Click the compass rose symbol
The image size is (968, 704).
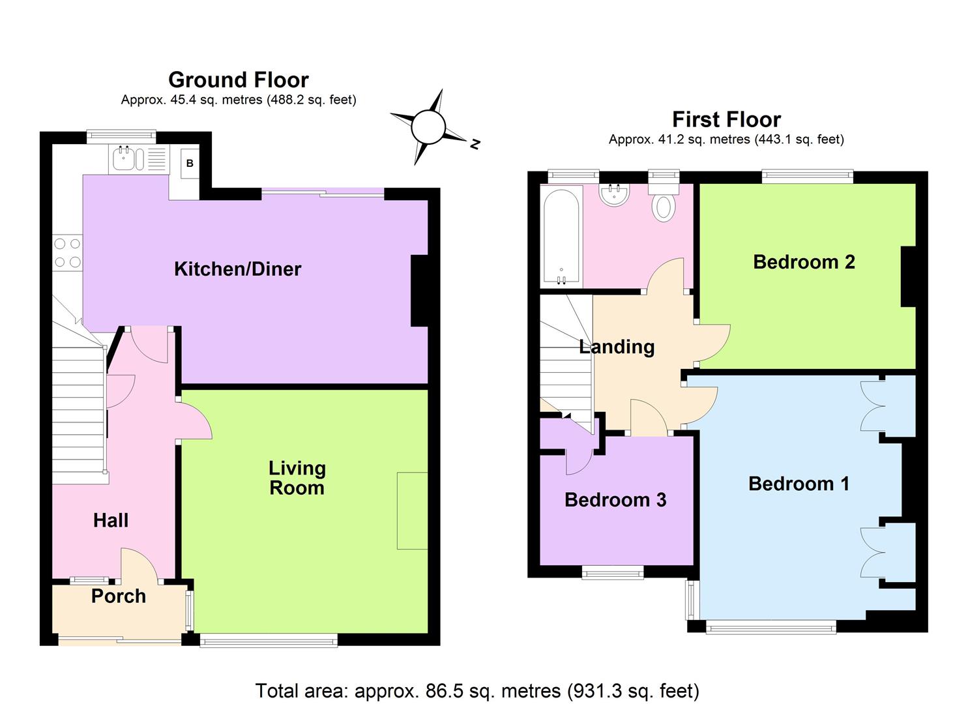click(x=428, y=127)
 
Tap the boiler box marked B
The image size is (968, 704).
click(x=190, y=163)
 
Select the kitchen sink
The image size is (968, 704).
click(x=128, y=158)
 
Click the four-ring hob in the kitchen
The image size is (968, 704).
click(x=67, y=253)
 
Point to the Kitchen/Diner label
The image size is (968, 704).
click(x=237, y=269)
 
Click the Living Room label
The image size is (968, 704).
click(x=297, y=478)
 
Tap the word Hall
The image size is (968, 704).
click(x=111, y=520)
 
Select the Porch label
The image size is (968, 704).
click(x=118, y=596)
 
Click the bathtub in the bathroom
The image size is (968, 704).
click(x=561, y=236)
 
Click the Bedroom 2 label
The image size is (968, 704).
click(x=804, y=262)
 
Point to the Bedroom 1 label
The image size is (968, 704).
click(x=799, y=484)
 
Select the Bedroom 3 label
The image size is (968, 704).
click(x=615, y=500)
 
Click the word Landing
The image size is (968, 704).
click(x=617, y=347)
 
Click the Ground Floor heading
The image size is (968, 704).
click(x=239, y=80)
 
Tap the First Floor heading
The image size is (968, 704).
click(x=726, y=119)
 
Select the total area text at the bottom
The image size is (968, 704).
click(x=477, y=690)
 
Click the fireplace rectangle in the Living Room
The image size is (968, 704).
click(x=412, y=510)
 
